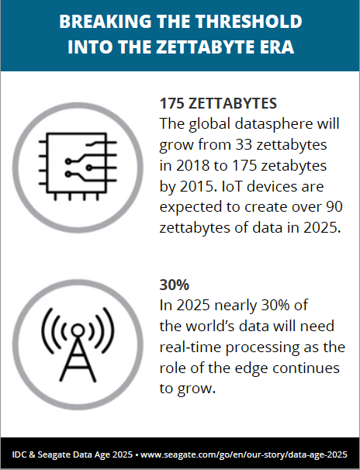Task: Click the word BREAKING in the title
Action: pos(100,21)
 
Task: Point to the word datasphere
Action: pos(272,124)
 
